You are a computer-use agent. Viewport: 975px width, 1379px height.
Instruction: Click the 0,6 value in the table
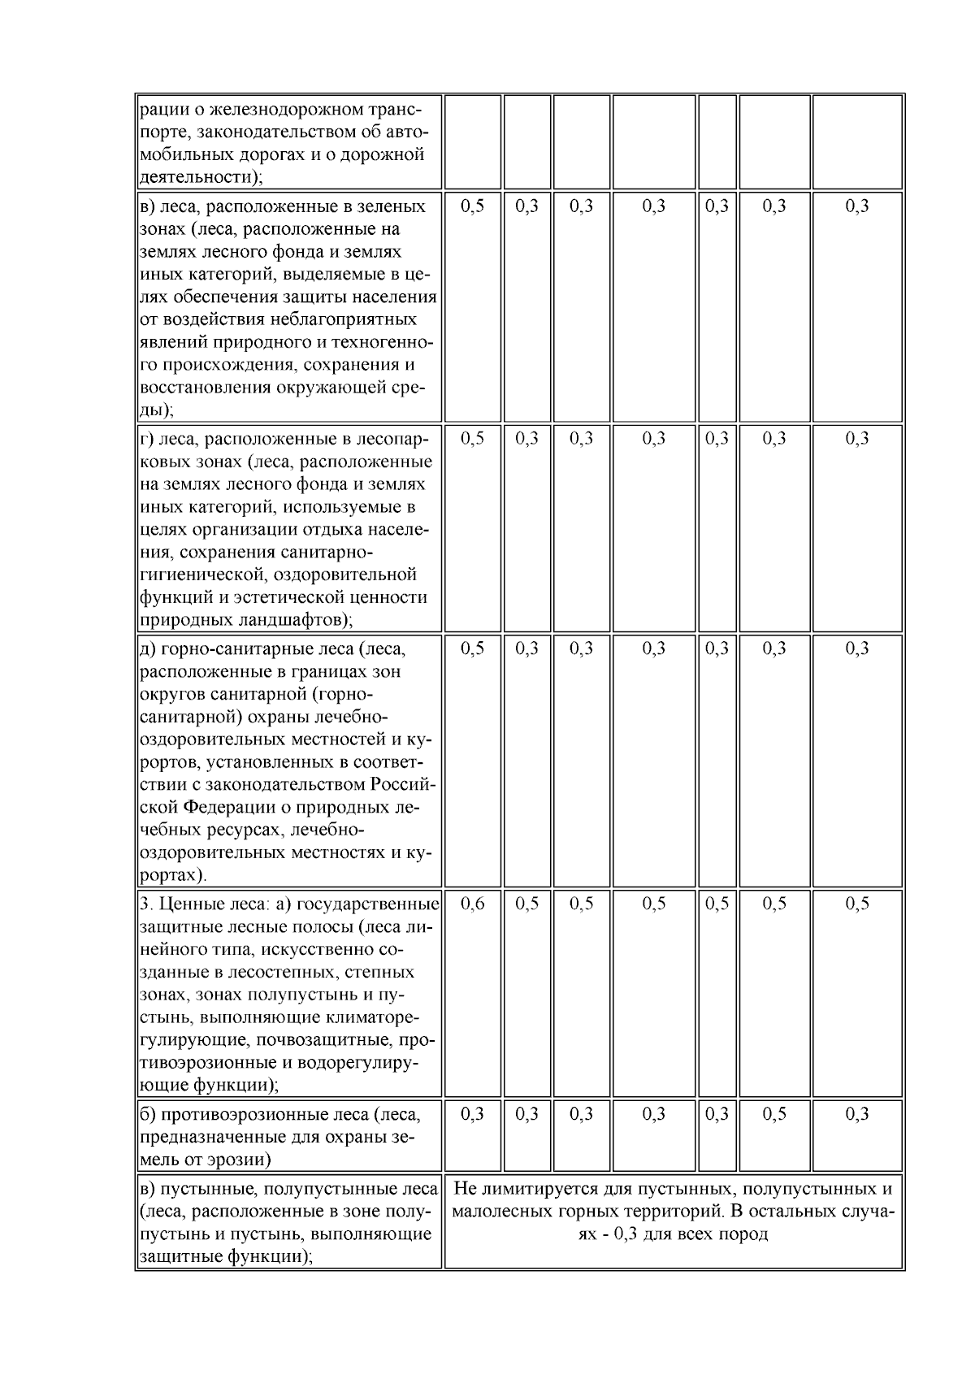[472, 904]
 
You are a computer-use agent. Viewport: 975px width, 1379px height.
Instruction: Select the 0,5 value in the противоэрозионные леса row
[774, 1113]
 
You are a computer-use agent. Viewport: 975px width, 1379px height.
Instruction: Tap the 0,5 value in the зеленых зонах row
[472, 206]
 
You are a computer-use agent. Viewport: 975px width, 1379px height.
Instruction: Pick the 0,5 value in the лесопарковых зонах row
[472, 438]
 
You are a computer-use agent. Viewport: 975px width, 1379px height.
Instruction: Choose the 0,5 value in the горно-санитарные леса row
[472, 648]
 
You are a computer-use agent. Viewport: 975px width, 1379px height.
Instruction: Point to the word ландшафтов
[285, 620]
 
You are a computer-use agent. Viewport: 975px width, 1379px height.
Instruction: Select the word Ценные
[186, 904]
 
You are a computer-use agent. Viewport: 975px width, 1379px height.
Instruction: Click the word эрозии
[240, 1159]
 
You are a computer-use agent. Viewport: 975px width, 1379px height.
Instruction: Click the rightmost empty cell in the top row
[857, 142]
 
